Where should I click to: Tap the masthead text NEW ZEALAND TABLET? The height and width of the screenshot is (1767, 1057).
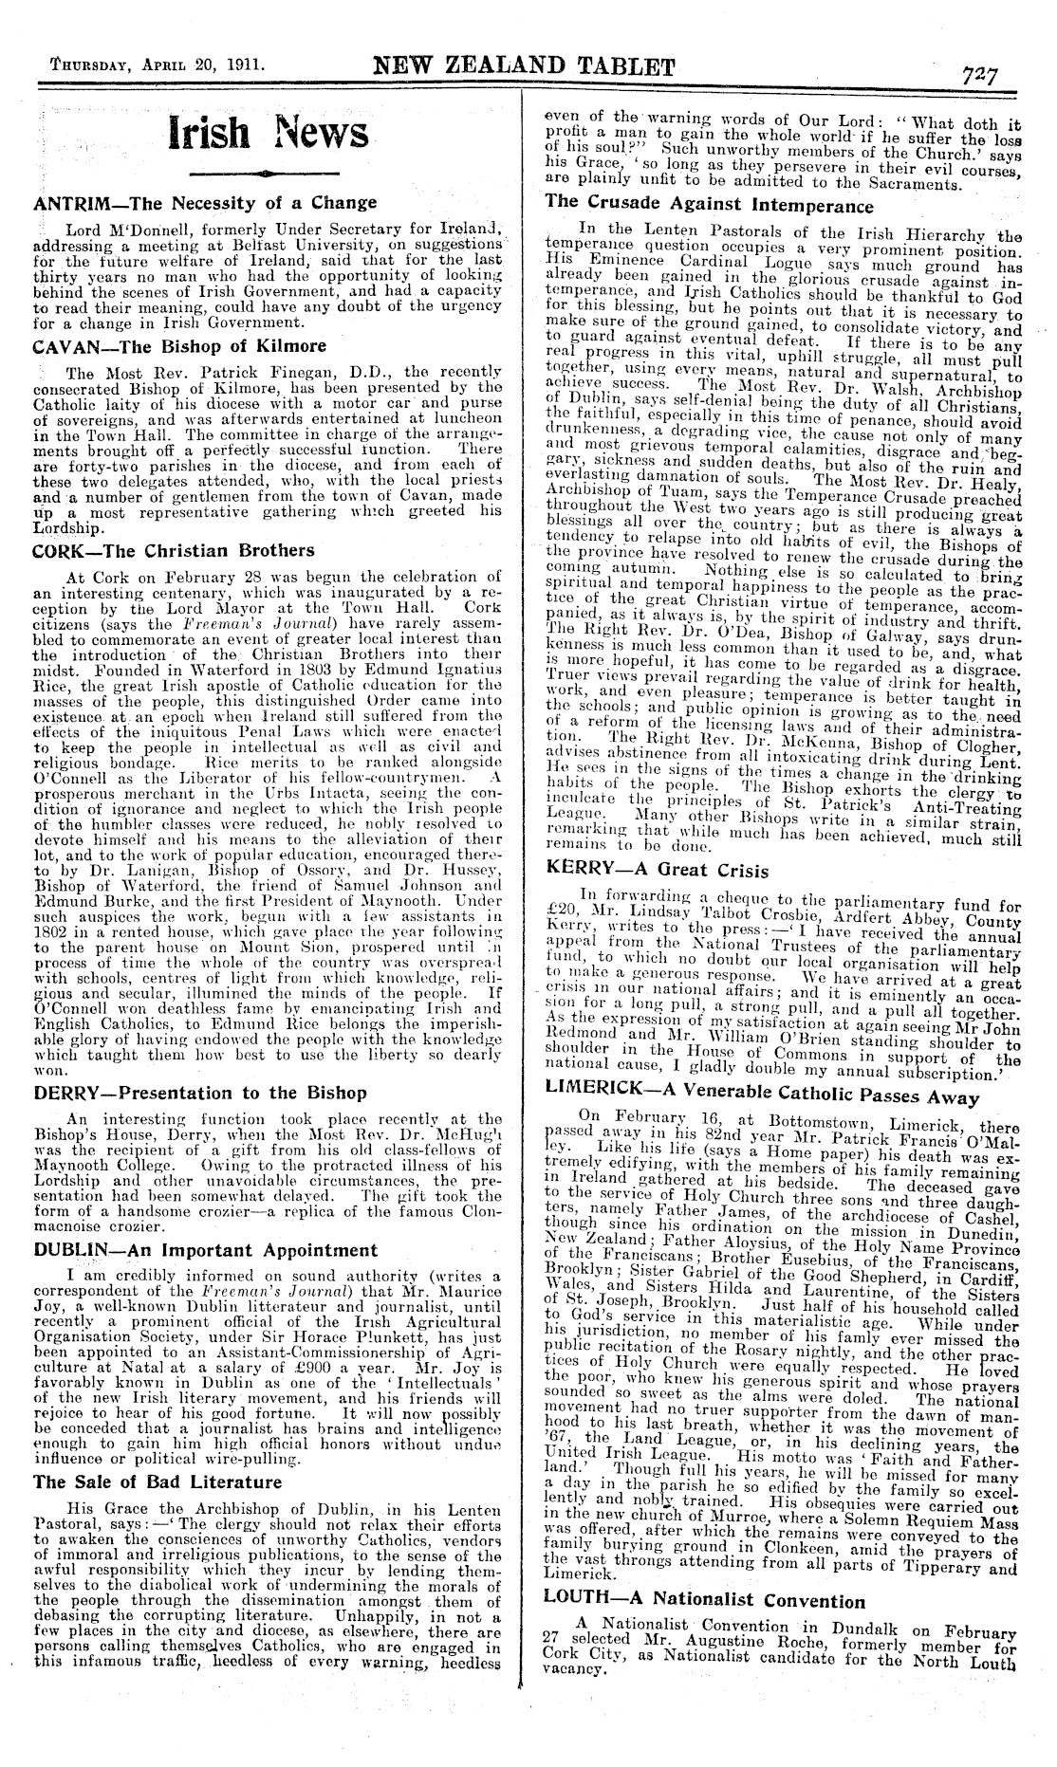coord(525,67)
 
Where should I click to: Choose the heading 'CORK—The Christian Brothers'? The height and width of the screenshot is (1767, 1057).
coord(174,550)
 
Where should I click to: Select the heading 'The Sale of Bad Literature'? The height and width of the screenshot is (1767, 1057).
coord(158,1482)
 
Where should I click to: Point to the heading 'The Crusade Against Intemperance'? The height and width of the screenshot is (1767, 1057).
coord(710,206)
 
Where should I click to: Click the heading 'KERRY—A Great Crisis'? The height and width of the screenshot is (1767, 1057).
coord(658,870)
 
